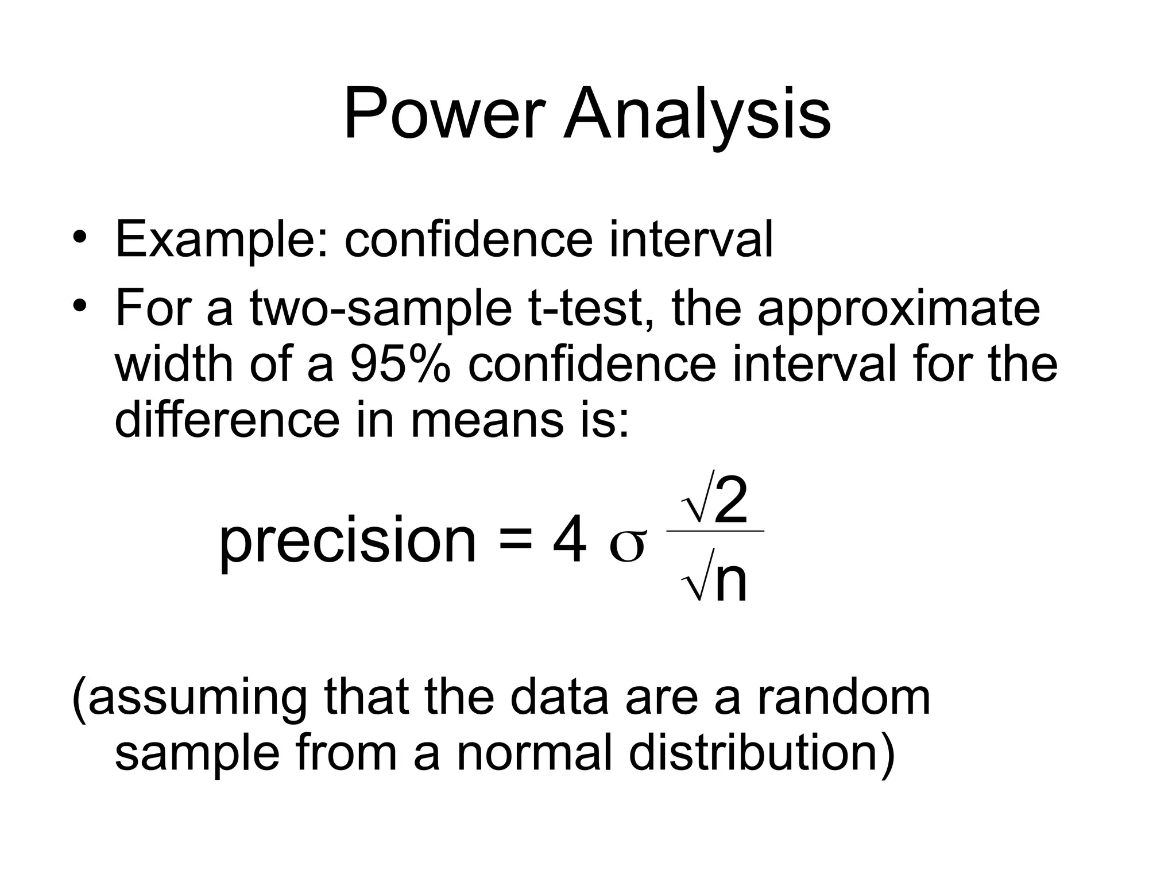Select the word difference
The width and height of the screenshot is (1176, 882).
coord(227,420)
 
